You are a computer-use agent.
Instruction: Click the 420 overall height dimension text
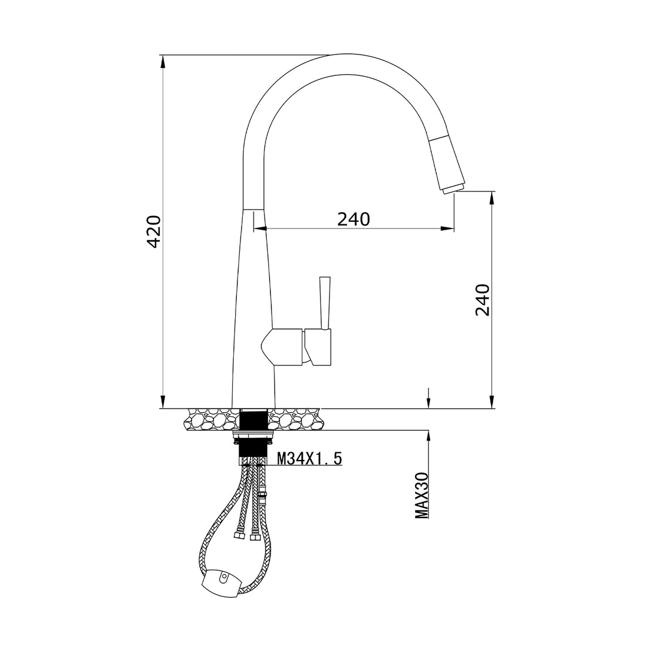tap(154, 232)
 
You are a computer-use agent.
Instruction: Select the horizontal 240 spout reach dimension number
tap(354, 220)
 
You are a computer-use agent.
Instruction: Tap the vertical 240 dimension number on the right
tap(482, 300)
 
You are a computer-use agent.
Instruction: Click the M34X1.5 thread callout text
tap(309, 458)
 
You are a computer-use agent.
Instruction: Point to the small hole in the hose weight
tap(224, 578)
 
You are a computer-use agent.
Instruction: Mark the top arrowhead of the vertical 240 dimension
tap(492, 197)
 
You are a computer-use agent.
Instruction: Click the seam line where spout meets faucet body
tap(254, 209)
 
